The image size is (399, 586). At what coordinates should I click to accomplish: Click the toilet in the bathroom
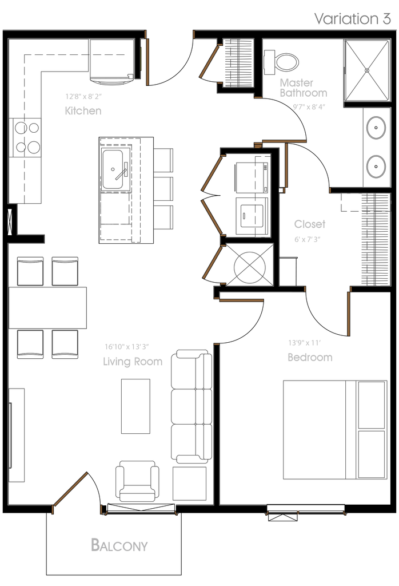282,62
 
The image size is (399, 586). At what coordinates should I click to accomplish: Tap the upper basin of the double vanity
376,127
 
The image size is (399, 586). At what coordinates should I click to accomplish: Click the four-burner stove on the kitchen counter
27,137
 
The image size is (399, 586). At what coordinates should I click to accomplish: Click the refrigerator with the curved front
111,62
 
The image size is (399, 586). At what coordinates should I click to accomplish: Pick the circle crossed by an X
249,265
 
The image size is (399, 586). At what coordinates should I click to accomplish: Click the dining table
48,308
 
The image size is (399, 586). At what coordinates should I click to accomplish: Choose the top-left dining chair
30,270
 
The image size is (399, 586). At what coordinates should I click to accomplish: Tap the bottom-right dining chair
65,345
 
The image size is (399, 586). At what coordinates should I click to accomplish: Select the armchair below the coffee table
137,481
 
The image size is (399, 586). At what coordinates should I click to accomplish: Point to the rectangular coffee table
135,406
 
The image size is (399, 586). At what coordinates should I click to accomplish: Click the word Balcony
119,545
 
